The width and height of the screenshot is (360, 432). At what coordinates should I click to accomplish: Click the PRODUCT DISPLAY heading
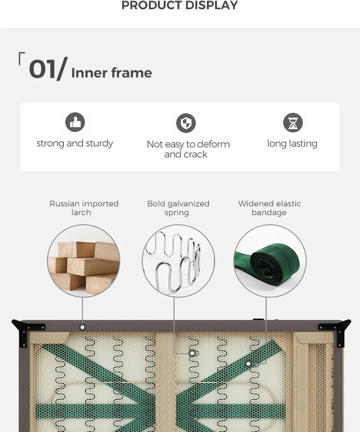[180, 5]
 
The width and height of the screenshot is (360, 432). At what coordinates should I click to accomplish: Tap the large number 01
[42, 69]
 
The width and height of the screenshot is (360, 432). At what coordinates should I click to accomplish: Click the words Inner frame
[111, 73]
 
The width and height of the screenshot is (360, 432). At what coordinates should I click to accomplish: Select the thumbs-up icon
[75, 122]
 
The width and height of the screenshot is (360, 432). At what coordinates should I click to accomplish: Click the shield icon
[186, 123]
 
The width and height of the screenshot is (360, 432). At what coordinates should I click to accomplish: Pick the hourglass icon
[293, 122]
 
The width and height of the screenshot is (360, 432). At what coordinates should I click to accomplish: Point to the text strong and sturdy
[75, 143]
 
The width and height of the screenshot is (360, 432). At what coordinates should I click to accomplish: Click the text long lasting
[292, 144]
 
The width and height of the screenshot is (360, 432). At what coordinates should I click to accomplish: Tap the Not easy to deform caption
[188, 144]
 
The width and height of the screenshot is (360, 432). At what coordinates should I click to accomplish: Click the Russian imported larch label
[84, 208]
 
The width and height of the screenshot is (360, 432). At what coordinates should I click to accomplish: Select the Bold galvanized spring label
[178, 208]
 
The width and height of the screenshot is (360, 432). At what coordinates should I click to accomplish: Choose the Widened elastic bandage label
[269, 208]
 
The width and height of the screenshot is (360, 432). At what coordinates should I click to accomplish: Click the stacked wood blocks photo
[84, 261]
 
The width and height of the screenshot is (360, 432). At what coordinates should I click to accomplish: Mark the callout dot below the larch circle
[83, 327]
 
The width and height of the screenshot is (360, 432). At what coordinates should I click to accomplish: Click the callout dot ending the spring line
[192, 353]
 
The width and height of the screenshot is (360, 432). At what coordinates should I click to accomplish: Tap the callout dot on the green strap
[248, 364]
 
